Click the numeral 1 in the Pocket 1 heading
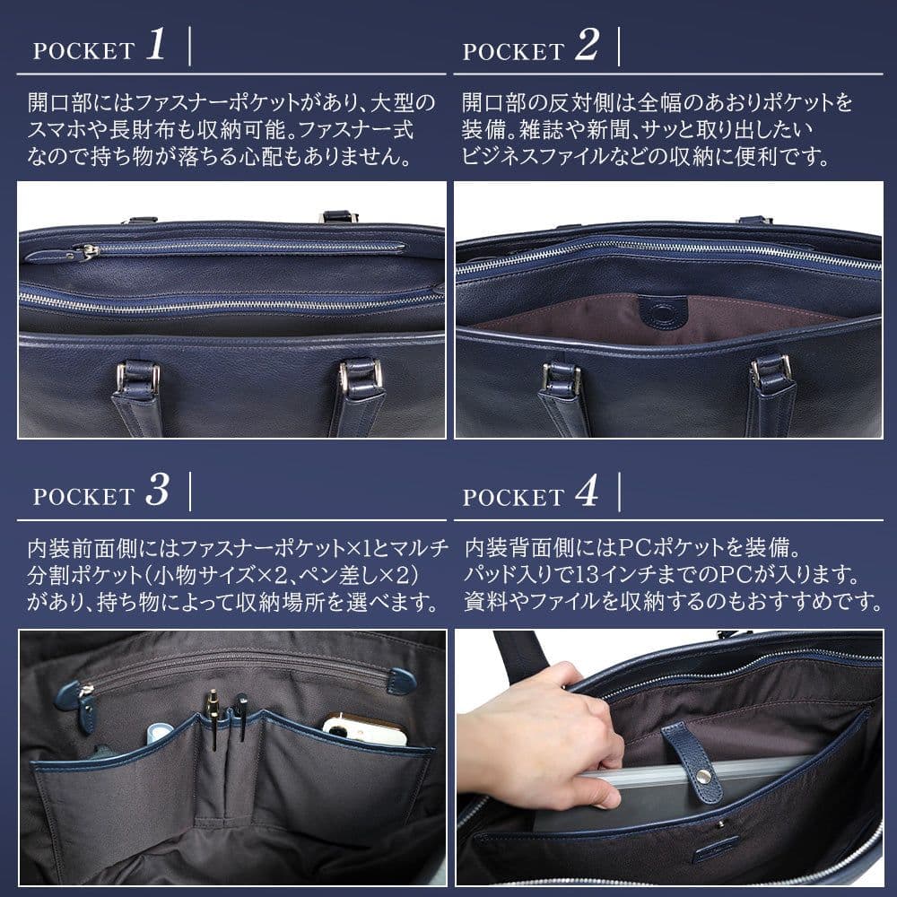tap(155, 47)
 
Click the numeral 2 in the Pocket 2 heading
tap(586, 47)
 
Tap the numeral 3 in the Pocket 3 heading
tap(156, 492)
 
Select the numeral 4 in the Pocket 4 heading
tap(586, 492)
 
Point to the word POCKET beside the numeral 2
tap(513, 51)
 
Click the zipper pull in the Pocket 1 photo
tap(87, 252)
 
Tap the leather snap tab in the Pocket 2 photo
tap(664, 312)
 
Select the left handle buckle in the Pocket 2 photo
tap(562, 379)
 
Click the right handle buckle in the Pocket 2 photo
tap(771, 370)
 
